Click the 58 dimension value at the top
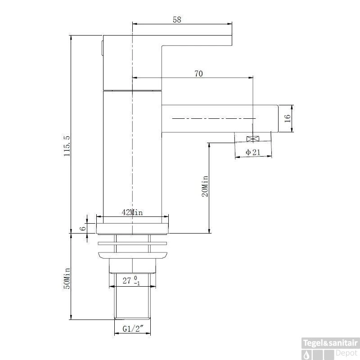(177, 20)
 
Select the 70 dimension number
(198, 74)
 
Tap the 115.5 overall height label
(67, 146)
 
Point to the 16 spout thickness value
(288, 118)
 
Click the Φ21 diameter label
(253, 152)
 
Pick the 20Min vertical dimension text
(205, 186)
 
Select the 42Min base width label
(132, 212)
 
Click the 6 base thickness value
(83, 229)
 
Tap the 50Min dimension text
(67, 278)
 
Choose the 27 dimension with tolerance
(131, 280)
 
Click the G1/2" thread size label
(133, 329)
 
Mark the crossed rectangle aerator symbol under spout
(252, 139)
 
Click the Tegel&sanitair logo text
(330, 343)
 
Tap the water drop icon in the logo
(307, 355)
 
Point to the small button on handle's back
(102, 48)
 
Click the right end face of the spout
(278, 119)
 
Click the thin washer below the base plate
(132, 243)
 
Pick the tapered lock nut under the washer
(132, 255)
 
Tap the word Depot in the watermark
(346, 353)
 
